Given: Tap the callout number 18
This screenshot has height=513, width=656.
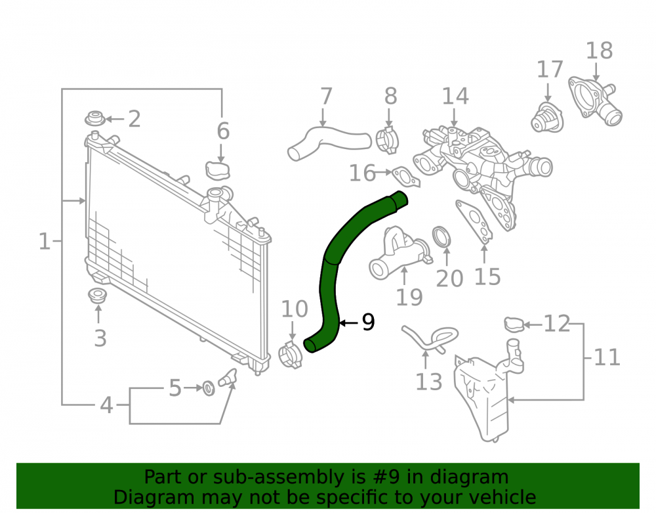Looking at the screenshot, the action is point(599,51).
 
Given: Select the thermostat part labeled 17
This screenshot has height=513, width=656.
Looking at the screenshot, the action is point(547,118).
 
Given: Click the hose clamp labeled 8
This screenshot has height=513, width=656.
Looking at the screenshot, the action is point(387,140).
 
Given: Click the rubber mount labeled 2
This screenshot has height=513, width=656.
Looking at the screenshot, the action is point(95,118).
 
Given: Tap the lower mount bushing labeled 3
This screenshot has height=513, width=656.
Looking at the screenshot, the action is point(98,296).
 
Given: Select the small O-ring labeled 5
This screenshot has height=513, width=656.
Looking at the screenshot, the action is point(209,388).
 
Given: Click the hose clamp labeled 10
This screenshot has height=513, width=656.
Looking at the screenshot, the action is point(290,355).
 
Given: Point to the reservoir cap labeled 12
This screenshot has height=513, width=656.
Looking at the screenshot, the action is point(514,324).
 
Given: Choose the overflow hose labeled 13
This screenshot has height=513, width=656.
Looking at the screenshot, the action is point(429,338).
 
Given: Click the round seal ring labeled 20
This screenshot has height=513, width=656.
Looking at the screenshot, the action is point(441,237).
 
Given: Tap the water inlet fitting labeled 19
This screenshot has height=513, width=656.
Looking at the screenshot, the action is point(398,254).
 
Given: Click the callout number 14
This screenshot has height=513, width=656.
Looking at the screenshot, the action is point(455,96).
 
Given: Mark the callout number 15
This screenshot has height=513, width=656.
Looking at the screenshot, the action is point(487,277).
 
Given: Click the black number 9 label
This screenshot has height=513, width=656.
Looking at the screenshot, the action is point(368,322).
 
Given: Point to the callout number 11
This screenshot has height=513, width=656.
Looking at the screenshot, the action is point(607,357).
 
